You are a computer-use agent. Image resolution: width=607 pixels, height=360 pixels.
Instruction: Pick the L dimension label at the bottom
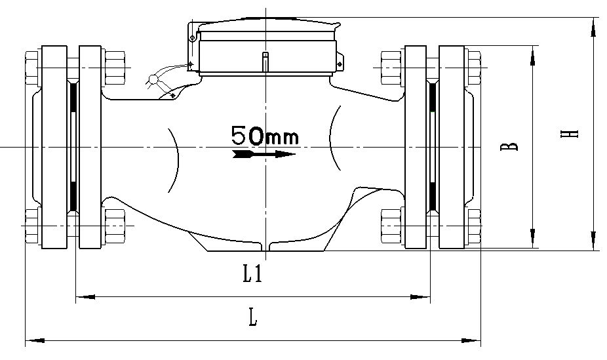(252, 319)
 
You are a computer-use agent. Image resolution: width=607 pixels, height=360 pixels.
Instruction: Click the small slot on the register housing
(265, 60)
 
